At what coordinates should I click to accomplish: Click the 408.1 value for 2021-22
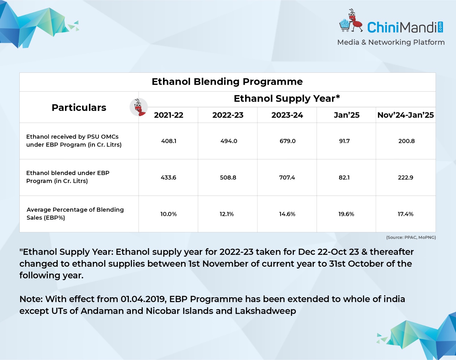(169, 141)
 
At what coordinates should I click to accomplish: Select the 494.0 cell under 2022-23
(229, 141)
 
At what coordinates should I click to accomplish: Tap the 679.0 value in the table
(287, 141)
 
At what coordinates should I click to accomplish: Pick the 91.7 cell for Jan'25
(344, 141)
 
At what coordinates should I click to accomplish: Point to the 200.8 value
(406, 141)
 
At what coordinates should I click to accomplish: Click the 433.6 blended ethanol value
(168, 177)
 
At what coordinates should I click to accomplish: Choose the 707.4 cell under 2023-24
(287, 177)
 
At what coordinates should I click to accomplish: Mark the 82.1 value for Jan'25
(344, 177)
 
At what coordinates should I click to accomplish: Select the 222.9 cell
(406, 177)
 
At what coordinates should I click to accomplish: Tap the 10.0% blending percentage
(168, 214)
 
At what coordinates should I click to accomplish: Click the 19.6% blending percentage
(346, 214)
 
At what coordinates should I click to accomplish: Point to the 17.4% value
(406, 214)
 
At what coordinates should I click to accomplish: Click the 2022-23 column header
(228, 115)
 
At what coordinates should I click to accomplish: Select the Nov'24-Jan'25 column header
(406, 115)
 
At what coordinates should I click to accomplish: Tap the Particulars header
(79, 108)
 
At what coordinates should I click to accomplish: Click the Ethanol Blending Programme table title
(227, 82)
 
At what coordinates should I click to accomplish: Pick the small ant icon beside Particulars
(139, 107)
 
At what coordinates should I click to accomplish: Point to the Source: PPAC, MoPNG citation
(411, 237)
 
